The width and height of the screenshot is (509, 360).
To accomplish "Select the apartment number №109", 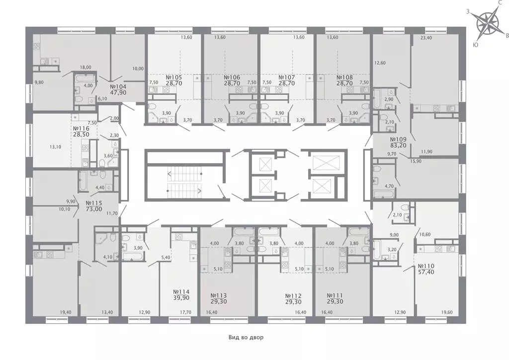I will pyautogui.click(x=399, y=140).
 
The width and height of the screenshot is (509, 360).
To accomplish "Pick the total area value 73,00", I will pyautogui.click(x=94, y=210).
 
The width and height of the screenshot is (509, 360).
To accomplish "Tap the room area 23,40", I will pyautogui.click(x=426, y=37).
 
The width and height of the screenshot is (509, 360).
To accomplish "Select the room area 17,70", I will pyautogui.click(x=185, y=312).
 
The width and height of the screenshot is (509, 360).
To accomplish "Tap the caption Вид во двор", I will pyautogui.click(x=246, y=338).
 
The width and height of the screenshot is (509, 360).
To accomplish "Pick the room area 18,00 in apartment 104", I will pyautogui.click(x=86, y=66).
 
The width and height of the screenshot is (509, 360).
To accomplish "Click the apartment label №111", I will pyautogui.click(x=336, y=294).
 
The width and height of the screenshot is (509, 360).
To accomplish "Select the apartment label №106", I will pyautogui.click(x=232, y=78).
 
